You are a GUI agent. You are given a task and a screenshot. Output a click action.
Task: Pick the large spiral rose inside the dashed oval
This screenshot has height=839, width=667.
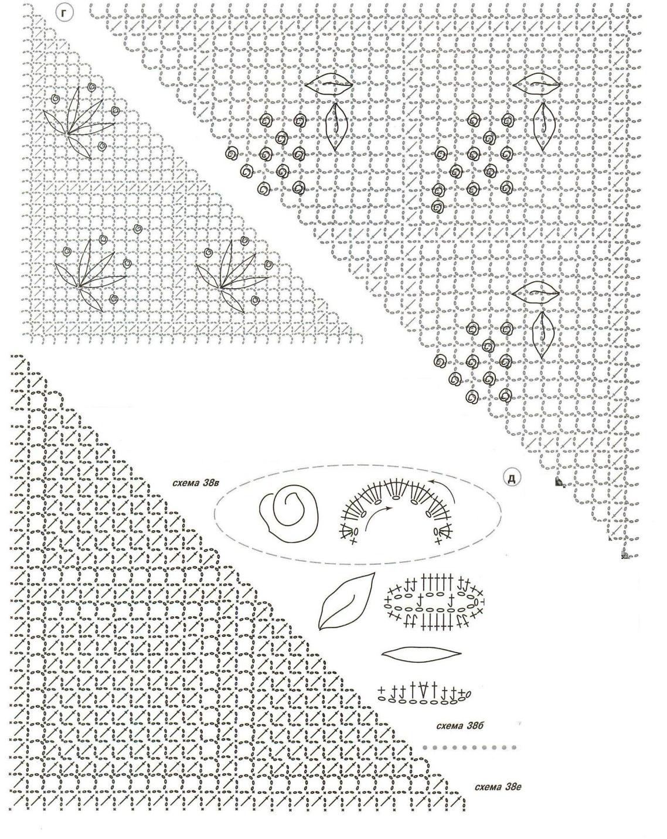point(289,514)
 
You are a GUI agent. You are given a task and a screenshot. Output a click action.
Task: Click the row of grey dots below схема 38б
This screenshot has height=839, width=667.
point(469,748)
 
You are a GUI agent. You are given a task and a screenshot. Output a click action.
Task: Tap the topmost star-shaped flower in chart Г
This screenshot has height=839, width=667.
point(78,122)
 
